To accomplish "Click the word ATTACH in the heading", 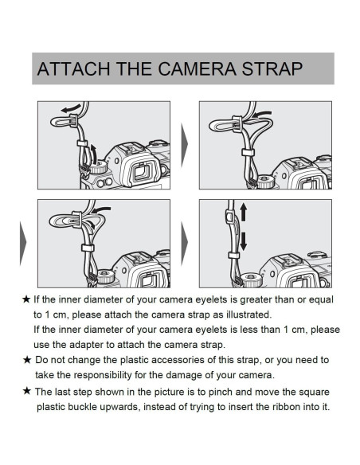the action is point(73,68).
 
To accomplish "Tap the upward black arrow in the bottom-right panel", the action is point(243,212).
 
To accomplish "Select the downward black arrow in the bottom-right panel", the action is point(243,241).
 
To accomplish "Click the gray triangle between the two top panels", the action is point(184,145).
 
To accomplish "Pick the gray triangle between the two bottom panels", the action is point(184,243).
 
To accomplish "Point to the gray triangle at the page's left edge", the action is point(23,243).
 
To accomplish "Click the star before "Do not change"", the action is point(27,360).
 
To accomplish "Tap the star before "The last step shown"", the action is point(27,391).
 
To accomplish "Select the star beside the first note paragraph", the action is point(26,299).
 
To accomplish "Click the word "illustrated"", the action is point(248,315).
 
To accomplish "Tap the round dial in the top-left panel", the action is point(98,167).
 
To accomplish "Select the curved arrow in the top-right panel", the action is point(262,114).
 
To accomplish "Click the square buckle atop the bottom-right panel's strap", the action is point(229,216).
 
